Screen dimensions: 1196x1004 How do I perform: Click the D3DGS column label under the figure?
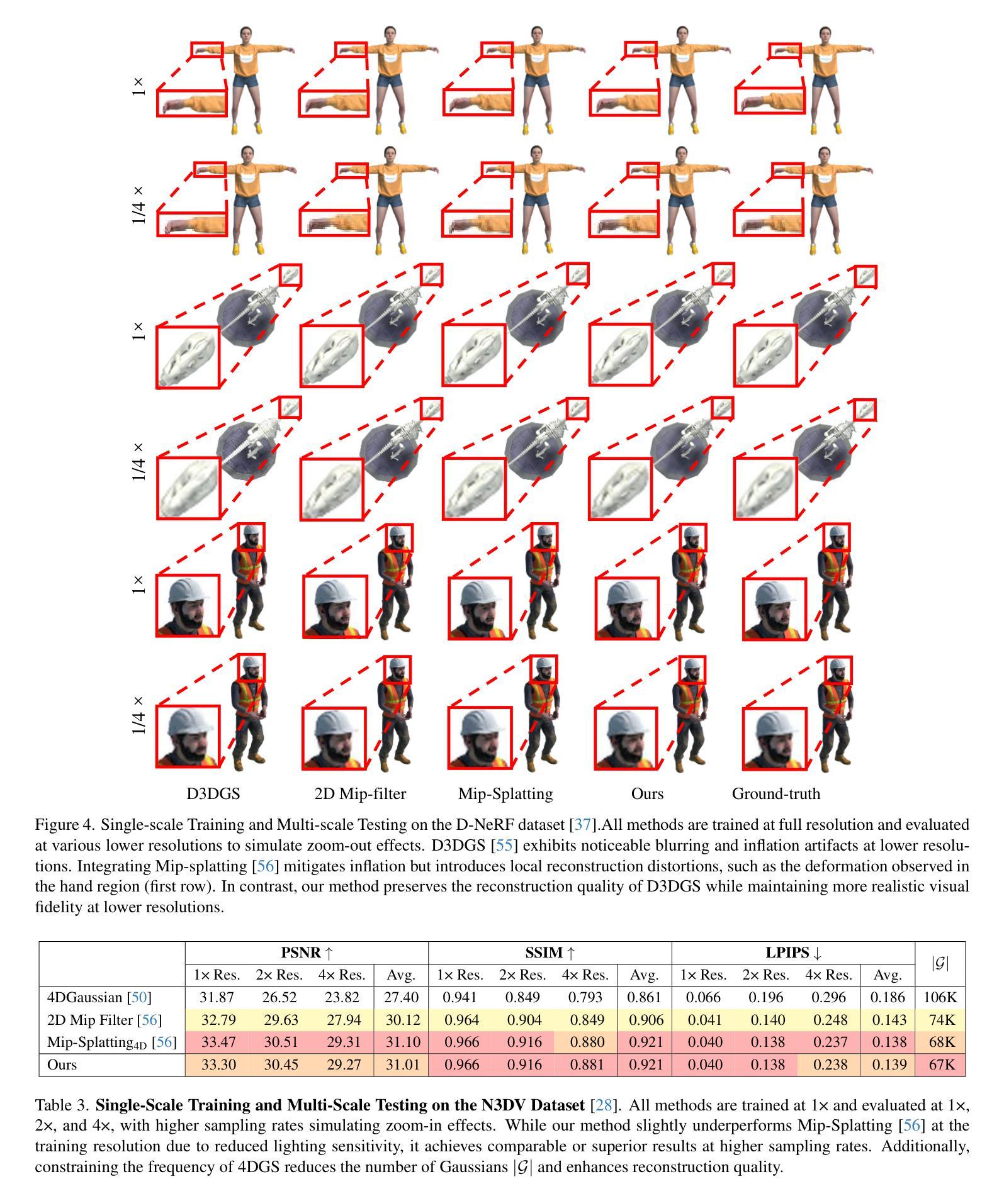pos(213,793)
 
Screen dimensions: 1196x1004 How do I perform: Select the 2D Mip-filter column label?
pos(360,793)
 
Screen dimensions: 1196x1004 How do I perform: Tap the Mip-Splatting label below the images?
pos(505,793)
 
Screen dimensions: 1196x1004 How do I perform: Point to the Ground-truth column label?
pos(776,793)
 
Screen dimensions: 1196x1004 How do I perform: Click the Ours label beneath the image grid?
pos(647,793)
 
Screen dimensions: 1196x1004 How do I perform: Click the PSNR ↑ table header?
pos(306,953)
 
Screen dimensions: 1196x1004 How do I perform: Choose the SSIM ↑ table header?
pos(550,953)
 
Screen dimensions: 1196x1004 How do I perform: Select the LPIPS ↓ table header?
pos(793,953)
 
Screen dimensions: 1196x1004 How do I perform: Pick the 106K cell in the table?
pos(940,997)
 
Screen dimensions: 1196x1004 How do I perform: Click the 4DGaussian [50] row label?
pos(99,997)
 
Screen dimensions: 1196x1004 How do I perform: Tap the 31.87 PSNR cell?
pos(217,997)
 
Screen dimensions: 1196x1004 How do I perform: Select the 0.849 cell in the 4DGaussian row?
pos(524,997)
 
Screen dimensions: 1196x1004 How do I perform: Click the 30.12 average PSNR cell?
pos(402,1020)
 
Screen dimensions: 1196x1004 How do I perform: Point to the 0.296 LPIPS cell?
pos(828,997)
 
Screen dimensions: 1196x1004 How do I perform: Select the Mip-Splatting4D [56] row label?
pos(111,1042)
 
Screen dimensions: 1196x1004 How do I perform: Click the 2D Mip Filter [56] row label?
pos(104,1020)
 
